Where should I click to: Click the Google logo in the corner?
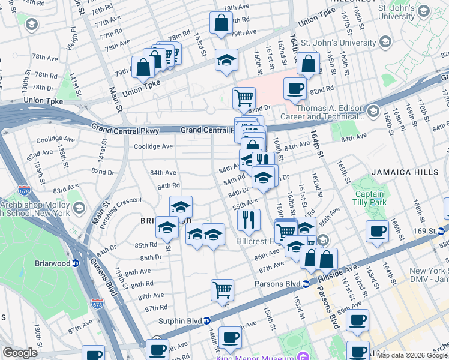20,353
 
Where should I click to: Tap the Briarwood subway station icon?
76,263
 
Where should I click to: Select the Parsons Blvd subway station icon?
306,284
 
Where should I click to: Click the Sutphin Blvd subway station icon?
206,320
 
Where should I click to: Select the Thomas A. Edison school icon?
373,110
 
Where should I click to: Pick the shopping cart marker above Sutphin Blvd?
222,290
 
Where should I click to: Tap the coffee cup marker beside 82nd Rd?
294,89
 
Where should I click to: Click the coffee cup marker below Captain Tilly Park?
378,231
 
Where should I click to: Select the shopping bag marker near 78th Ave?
221,23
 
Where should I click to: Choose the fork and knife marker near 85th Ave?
249,220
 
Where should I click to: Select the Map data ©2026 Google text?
412,355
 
